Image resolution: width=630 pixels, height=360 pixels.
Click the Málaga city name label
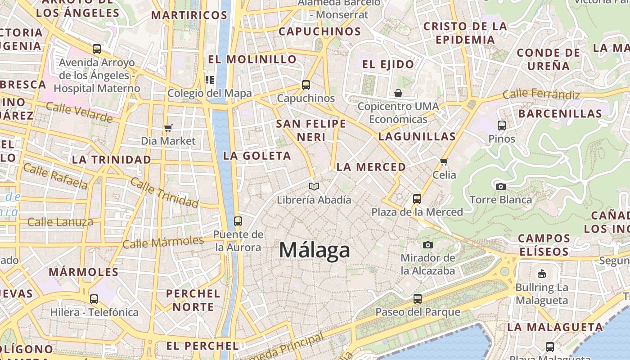[x=315, y=250]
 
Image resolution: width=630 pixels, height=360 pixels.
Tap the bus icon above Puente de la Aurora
[x=238, y=221]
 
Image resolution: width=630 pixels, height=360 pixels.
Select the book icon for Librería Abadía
[x=314, y=186]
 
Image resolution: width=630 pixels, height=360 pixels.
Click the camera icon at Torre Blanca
[x=500, y=186]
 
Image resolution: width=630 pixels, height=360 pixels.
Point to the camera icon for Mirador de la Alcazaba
[x=428, y=245]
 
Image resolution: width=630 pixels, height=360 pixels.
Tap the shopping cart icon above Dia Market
[x=168, y=128]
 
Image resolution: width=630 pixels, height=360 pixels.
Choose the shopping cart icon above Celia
[x=444, y=162]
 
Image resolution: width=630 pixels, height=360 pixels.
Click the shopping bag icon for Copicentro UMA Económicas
[x=398, y=93]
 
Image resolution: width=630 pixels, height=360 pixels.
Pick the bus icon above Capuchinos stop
[x=306, y=85]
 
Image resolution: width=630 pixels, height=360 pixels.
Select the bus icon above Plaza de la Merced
[x=417, y=198]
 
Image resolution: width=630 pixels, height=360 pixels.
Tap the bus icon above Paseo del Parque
[x=418, y=298]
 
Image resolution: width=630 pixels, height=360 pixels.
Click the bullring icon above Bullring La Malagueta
[x=542, y=274]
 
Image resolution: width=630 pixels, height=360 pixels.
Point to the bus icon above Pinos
[x=502, y=126]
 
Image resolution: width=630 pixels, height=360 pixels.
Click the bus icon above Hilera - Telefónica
[x=94, y=299]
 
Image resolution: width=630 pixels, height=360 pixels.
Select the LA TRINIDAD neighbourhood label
[x=112, y=160]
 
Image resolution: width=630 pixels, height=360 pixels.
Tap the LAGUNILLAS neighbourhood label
[x=417, y=136]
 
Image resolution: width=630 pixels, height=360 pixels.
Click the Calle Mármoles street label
[x=163, y=243]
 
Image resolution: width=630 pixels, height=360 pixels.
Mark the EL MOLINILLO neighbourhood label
[x=252, y=59]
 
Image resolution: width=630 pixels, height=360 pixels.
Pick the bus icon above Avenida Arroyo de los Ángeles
[x=97, y=49]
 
